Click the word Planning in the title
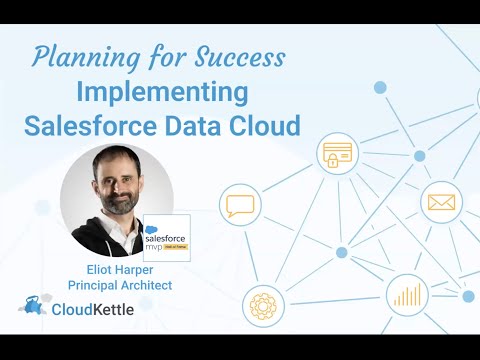(x=74, y=58)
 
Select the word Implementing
(x=163, y=93)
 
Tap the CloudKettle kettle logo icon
(x=34, y=307)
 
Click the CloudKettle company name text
(x=96, y=308)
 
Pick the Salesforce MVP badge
(x=166, y=238)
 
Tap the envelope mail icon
(x=441, y=203)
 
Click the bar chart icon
(x=408, y=296)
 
